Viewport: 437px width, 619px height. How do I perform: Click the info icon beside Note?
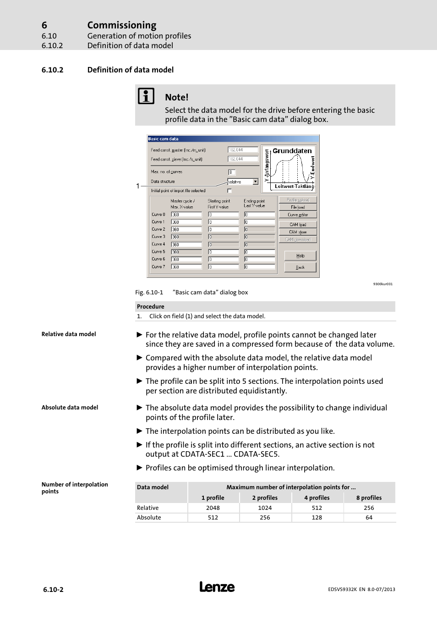[146, 96]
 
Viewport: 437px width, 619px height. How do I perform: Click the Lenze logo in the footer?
[217, 587]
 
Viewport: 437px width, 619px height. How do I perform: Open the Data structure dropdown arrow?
[256, 182]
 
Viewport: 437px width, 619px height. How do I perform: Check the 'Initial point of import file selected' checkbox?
[229, 191]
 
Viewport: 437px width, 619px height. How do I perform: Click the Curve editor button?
[298, 215]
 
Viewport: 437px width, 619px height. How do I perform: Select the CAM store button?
[298, 232]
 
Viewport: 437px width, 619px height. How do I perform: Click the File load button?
[298, 207]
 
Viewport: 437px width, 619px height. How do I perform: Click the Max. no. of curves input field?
[232, 172]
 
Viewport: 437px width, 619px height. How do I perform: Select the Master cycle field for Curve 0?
[186, 215]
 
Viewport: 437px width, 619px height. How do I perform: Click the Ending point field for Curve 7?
[259, 267]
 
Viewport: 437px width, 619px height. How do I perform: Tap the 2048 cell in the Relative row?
[213, 508]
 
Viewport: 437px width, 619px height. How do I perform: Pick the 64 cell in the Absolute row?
[369, 518]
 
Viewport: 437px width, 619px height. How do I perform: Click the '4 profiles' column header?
[317, 498]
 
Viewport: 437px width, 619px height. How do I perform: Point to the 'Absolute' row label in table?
[149, 518]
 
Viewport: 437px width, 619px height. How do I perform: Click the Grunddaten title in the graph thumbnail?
[292, 151]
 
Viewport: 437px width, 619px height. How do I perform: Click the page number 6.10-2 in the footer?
[53, 590]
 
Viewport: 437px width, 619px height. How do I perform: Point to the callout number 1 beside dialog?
[137, 186]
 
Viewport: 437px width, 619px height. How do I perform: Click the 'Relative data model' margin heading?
[69, 334]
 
